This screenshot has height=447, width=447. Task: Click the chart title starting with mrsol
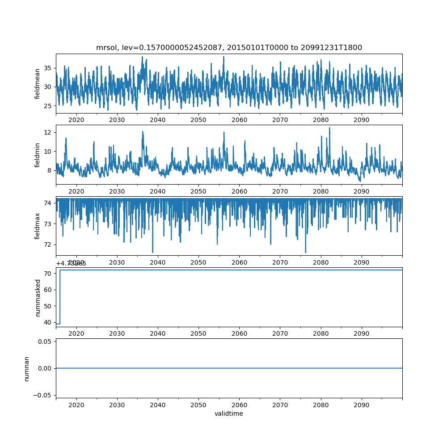pos(229,47)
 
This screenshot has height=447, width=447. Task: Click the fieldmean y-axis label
pos(38,84)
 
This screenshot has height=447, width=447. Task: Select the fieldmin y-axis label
pos(38,155)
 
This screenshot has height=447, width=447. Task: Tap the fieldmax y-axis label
pos(38,226)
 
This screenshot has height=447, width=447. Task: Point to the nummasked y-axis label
pos(38,297)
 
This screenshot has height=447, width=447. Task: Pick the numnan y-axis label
pos(26,368)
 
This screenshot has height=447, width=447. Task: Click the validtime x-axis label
pos(229,413)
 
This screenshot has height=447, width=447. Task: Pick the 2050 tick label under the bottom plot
pos(198,404)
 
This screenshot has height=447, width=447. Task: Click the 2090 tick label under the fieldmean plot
pos(361,120)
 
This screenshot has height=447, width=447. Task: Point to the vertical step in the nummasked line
pos(60,297)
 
